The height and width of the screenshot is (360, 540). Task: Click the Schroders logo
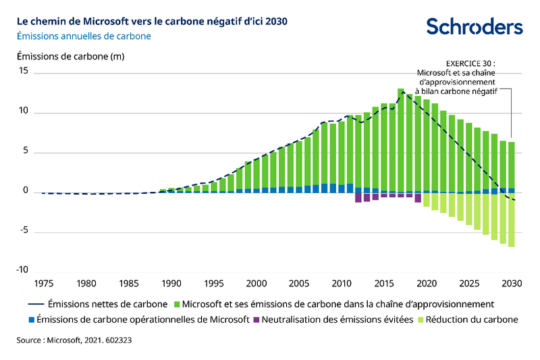[x=474, y=26]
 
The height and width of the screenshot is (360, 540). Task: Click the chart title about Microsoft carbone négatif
[x=152, y=21]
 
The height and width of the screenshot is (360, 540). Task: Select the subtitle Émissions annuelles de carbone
[x=84, y=36]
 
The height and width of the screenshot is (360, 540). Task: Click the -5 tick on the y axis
[x=24, y=232]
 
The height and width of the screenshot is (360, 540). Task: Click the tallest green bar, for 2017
[x=401, y=140]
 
